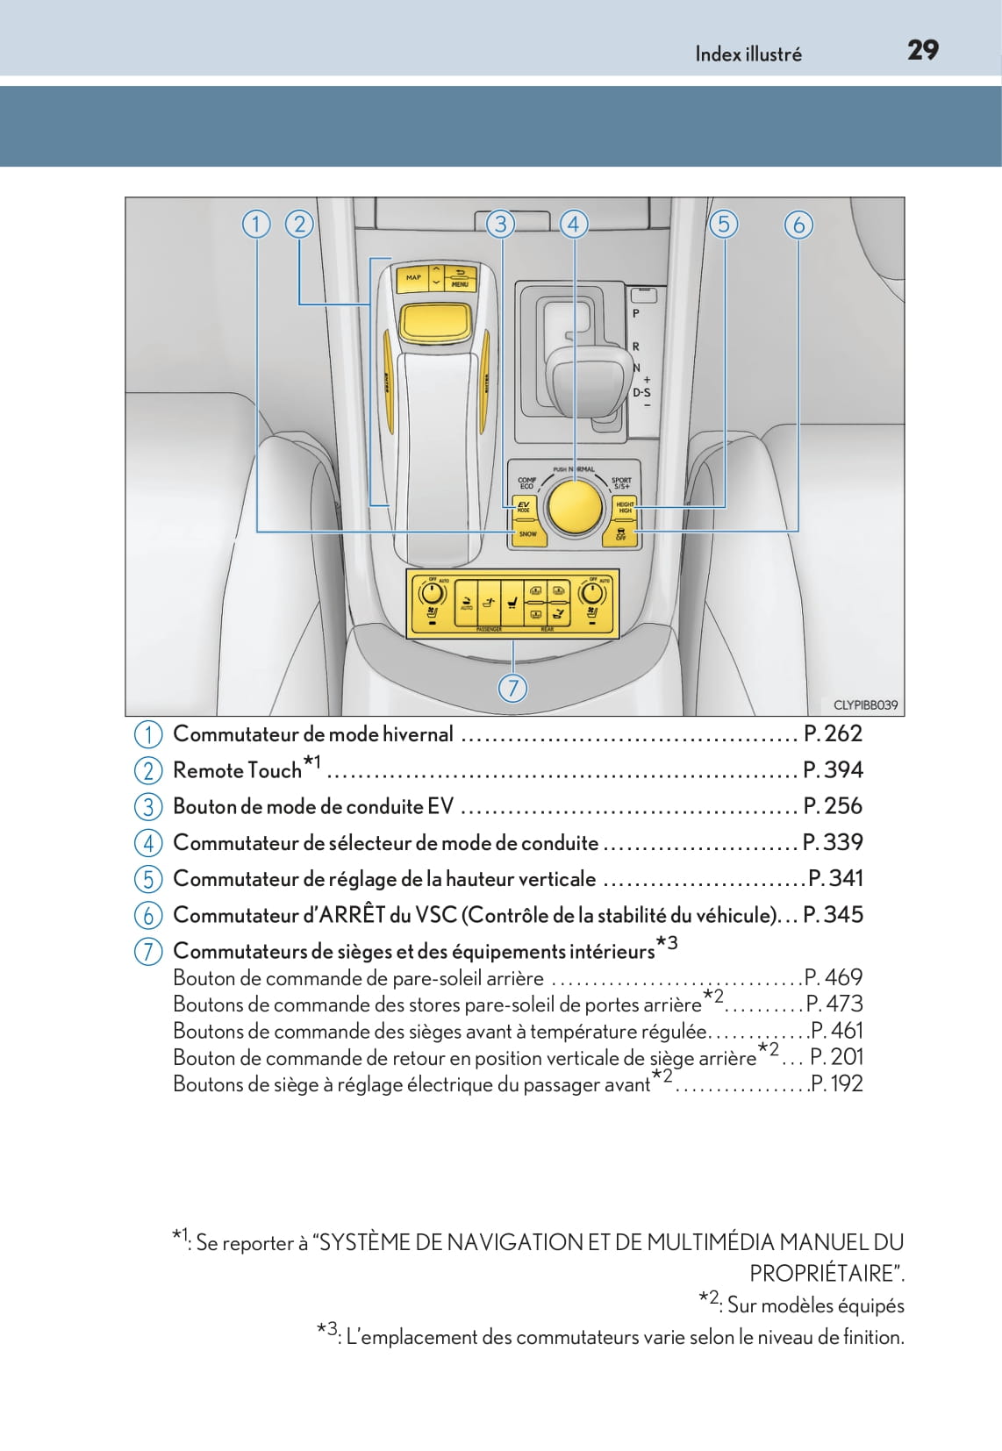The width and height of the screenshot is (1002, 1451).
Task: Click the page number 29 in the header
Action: click(x=922, y=51)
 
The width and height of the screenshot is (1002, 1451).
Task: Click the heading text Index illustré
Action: click(x=748, y=54)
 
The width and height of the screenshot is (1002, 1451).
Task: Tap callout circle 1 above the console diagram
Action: click(x=256, y=225)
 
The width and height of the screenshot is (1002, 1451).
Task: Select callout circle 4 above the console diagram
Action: click(x=574, y=225)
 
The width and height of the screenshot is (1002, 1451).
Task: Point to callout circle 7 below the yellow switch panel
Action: click(x=512, y=688)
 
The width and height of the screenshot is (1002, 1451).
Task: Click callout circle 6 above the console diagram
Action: click(x=798, y=225)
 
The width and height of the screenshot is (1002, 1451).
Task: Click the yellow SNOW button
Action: click(x=527, y=533)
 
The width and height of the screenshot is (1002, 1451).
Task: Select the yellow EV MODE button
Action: click(x=524, y=507)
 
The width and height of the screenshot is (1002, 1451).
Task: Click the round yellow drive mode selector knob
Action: click(x=574, y=507)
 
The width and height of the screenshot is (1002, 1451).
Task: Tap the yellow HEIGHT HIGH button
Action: click(x=625, y=507)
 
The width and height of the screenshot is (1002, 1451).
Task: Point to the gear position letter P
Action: click(x=636, y=313)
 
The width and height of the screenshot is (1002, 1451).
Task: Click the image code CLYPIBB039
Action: click(x=864, y=704)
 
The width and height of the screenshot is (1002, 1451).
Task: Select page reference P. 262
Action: click(x=833, y=733)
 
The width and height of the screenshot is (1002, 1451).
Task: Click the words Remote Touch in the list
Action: click(x=237, y=770)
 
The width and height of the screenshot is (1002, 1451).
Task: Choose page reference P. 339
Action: click(x=833, y=842)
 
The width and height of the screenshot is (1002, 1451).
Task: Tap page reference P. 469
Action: click(x=834, y=977)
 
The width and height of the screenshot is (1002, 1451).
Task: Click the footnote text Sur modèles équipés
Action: click(x=815, y=1305)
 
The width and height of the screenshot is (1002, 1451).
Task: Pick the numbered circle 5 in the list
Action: click(x=148, y=878)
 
